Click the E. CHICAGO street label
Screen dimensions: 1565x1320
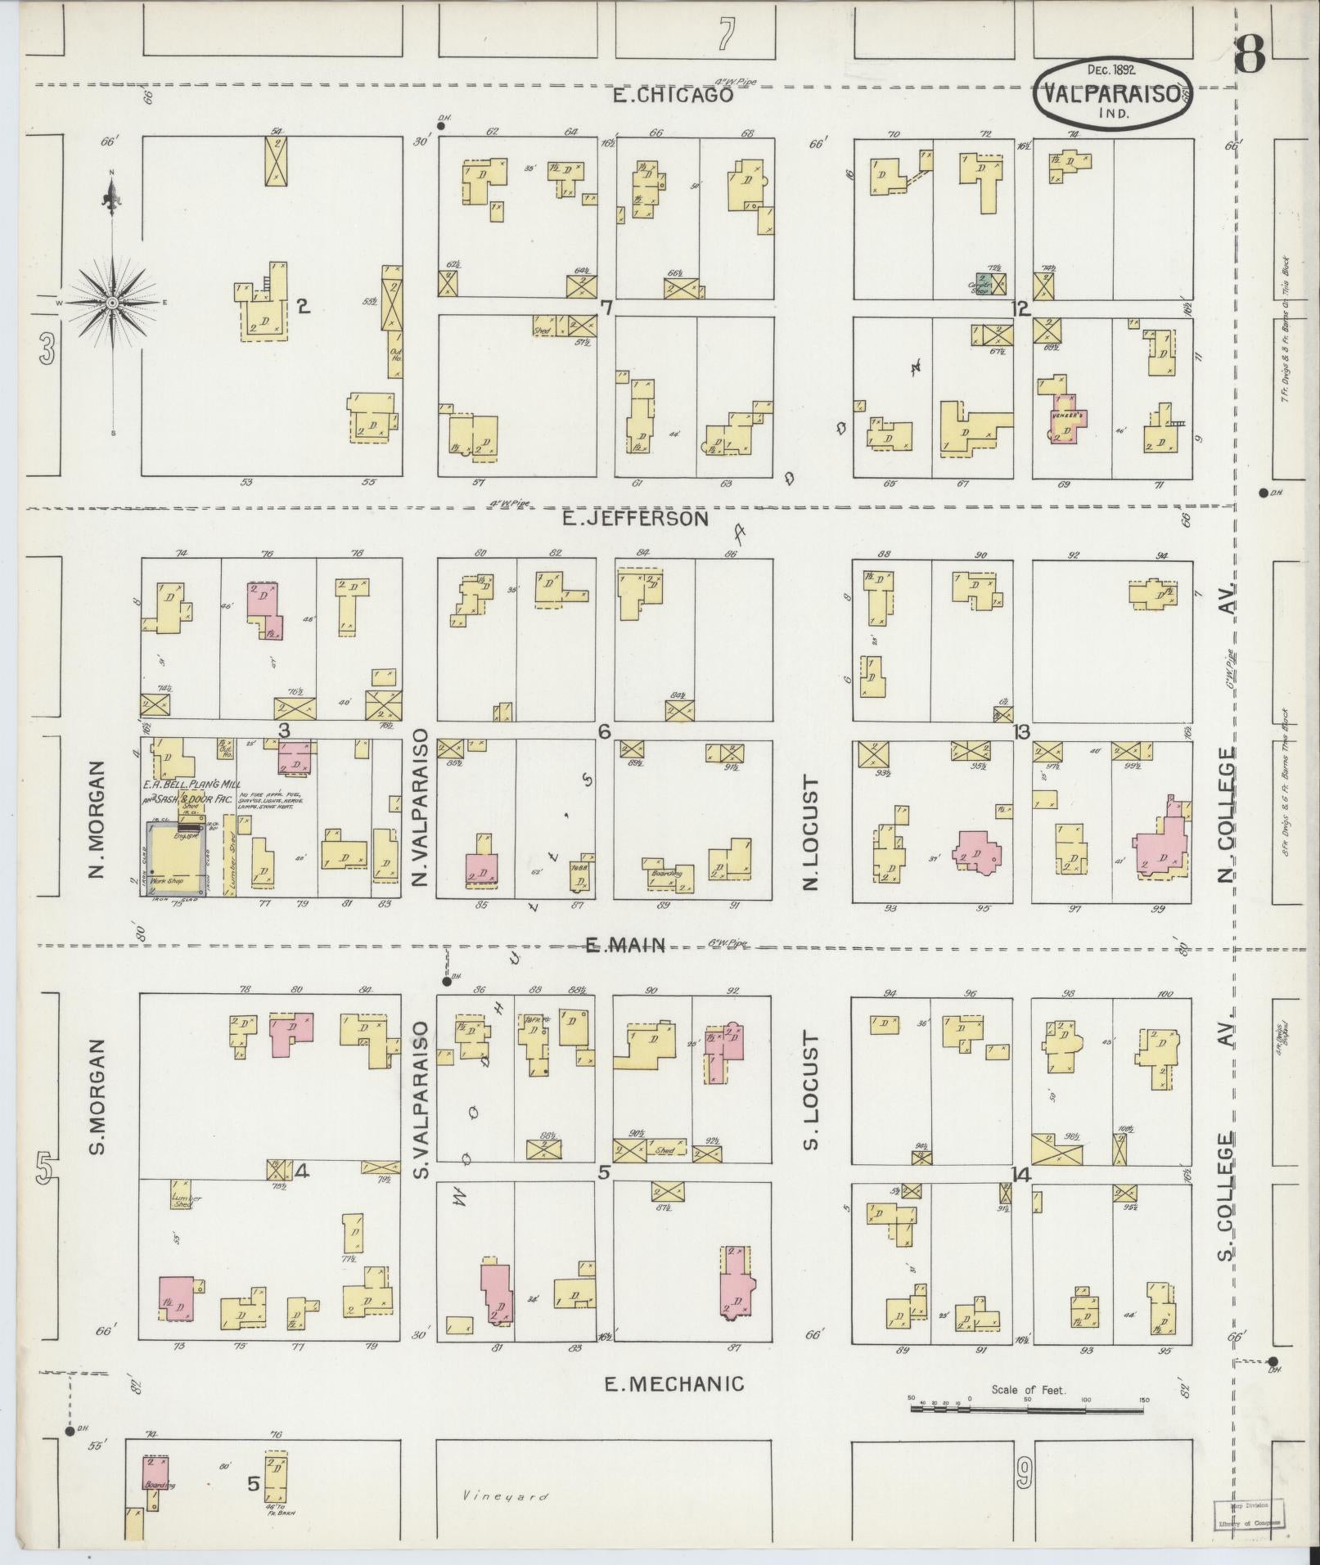673,96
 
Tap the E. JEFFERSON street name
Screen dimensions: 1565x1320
635,519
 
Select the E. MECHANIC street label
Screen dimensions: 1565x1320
674,1383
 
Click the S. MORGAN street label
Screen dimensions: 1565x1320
98,1096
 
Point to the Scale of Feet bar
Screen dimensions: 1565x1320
1028,1410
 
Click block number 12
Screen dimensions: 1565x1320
1020,309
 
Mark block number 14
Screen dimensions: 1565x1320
1020,1175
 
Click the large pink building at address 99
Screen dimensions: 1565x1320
1160,848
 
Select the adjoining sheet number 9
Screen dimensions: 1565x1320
1023,1475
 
